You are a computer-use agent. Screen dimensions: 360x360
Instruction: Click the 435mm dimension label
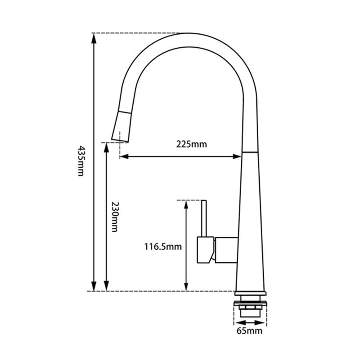[81, 161]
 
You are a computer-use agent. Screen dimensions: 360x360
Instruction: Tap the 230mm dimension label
[114, 217]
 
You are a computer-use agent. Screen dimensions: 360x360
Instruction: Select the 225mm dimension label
[192, 144]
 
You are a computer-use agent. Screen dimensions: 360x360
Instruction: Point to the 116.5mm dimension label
[163, 247]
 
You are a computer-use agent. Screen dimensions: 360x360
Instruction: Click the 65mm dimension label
[249, 331]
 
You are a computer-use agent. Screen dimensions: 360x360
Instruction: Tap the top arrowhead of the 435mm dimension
[94, 38]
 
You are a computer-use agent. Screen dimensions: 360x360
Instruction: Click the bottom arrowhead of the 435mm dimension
[94, 286]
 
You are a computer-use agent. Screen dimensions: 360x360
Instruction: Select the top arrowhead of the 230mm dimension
[106, 148]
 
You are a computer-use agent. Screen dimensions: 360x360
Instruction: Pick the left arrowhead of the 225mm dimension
[124, 157]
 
